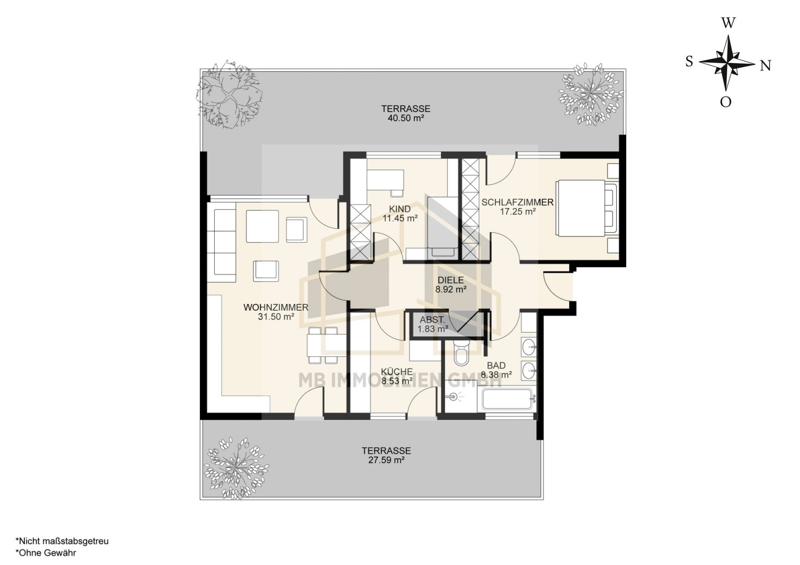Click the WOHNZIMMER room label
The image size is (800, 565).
(276, 307)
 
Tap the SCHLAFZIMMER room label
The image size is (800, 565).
(517, 202)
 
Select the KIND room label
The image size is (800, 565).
(400, 209)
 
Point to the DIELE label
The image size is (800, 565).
(451, 280)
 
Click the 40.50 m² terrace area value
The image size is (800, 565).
(406, 118)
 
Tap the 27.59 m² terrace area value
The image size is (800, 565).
(386, 460)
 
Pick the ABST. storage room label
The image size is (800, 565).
(432, 320)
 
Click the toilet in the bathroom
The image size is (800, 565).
(462, 353)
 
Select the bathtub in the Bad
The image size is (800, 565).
(508, 399)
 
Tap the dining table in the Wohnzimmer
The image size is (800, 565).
(327, 345)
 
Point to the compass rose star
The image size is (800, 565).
(727, 63)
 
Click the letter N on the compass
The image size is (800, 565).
(765, 66)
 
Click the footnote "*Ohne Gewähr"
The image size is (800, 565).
(46, 553)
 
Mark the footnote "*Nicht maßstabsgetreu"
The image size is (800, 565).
(62, 541)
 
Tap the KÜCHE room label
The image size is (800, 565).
(397, 371)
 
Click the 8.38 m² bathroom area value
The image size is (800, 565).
(496, 375)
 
